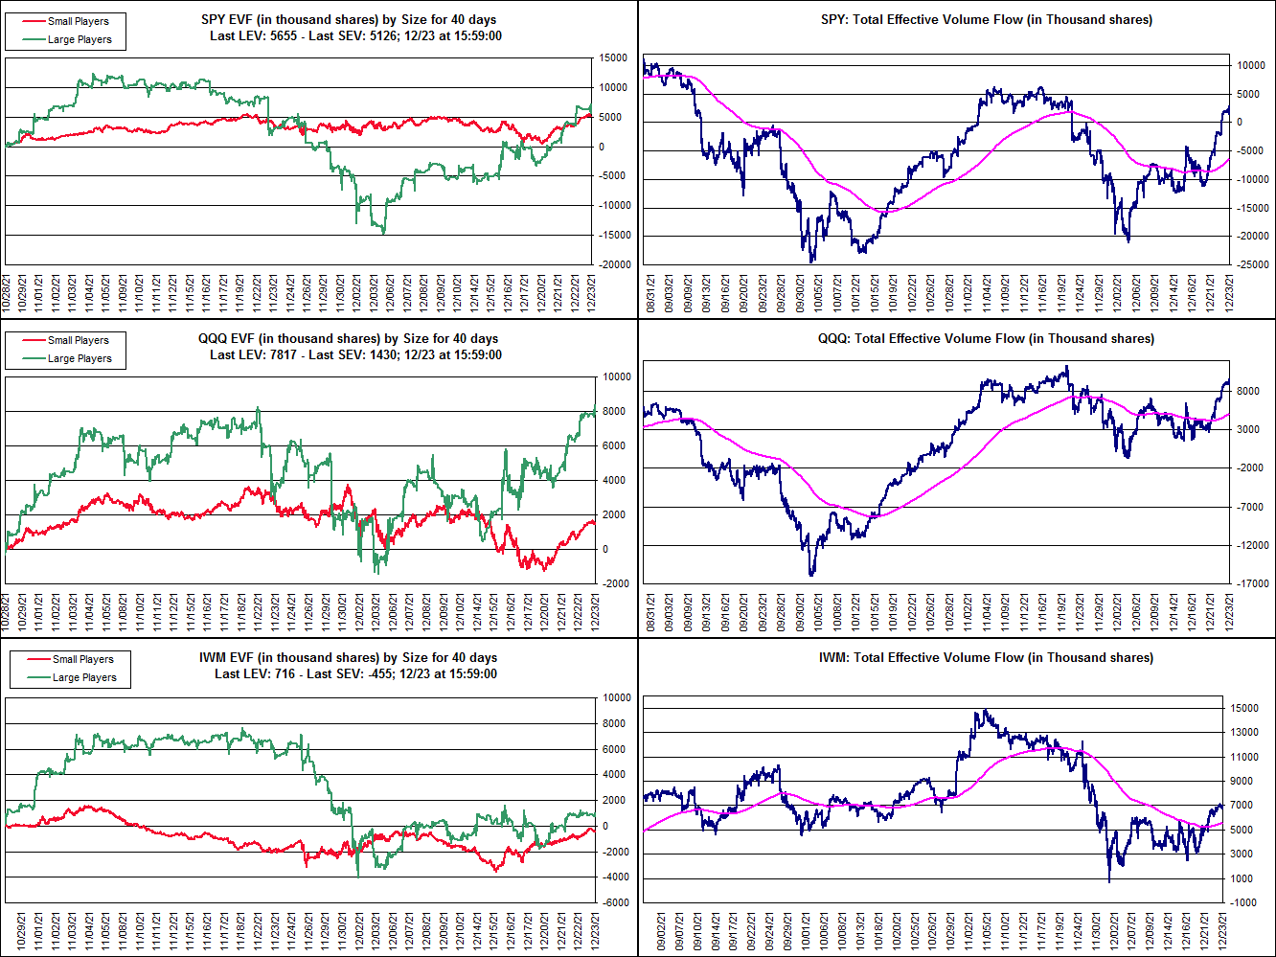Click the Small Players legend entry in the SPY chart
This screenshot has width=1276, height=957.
(78, 21)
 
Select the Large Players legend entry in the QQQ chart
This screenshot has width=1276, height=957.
(80, 358)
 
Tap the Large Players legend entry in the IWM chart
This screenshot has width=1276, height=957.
(84, 677)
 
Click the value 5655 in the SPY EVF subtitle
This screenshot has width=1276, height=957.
(287, 35)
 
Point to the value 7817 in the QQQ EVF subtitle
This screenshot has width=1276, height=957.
(287, 354)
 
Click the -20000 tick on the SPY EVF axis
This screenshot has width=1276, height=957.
(614, 264)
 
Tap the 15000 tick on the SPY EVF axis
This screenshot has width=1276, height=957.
(614, 58)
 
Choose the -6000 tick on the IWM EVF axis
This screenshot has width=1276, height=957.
(616, 902)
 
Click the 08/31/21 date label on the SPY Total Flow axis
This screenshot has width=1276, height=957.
(652, 292)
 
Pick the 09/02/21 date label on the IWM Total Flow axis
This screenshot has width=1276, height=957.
(661, 930)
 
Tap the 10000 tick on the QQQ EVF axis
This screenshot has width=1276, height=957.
(616, 377)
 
